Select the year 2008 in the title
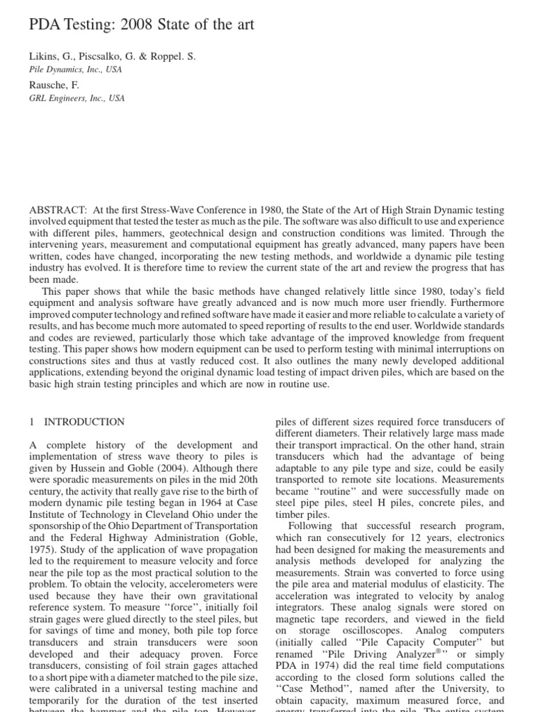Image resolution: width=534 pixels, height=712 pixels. [139, 26]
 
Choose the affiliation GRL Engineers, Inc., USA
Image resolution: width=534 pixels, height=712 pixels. [76, 98]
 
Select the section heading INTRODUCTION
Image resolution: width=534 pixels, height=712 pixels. [85, 421]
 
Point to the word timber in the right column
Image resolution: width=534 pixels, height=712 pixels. [290, 515]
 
